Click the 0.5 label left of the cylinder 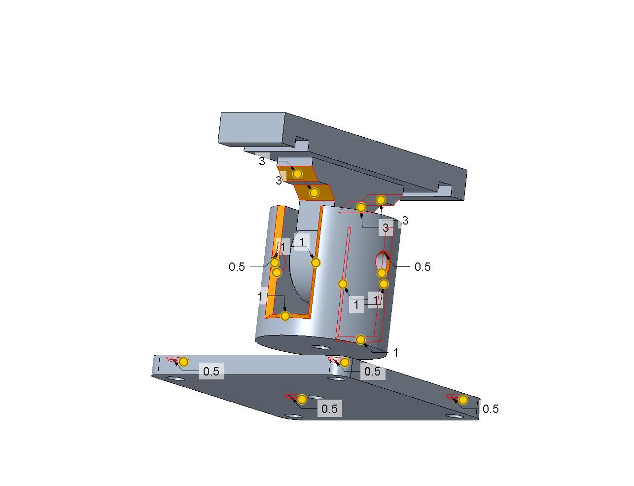(x=237, y=267)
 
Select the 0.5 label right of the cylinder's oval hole (x=423, y=267)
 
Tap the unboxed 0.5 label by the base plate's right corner (x=491, y=409)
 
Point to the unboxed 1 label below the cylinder (x=395, y=353)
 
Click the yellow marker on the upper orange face (x=297, y=174)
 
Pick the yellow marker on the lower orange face (x=314, y=192)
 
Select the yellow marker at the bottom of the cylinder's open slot (x=285, y=316)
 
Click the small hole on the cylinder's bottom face (x=320, y=347)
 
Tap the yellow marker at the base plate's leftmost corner (x=183, y=362)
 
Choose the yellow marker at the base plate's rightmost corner (x=463, y=400)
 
